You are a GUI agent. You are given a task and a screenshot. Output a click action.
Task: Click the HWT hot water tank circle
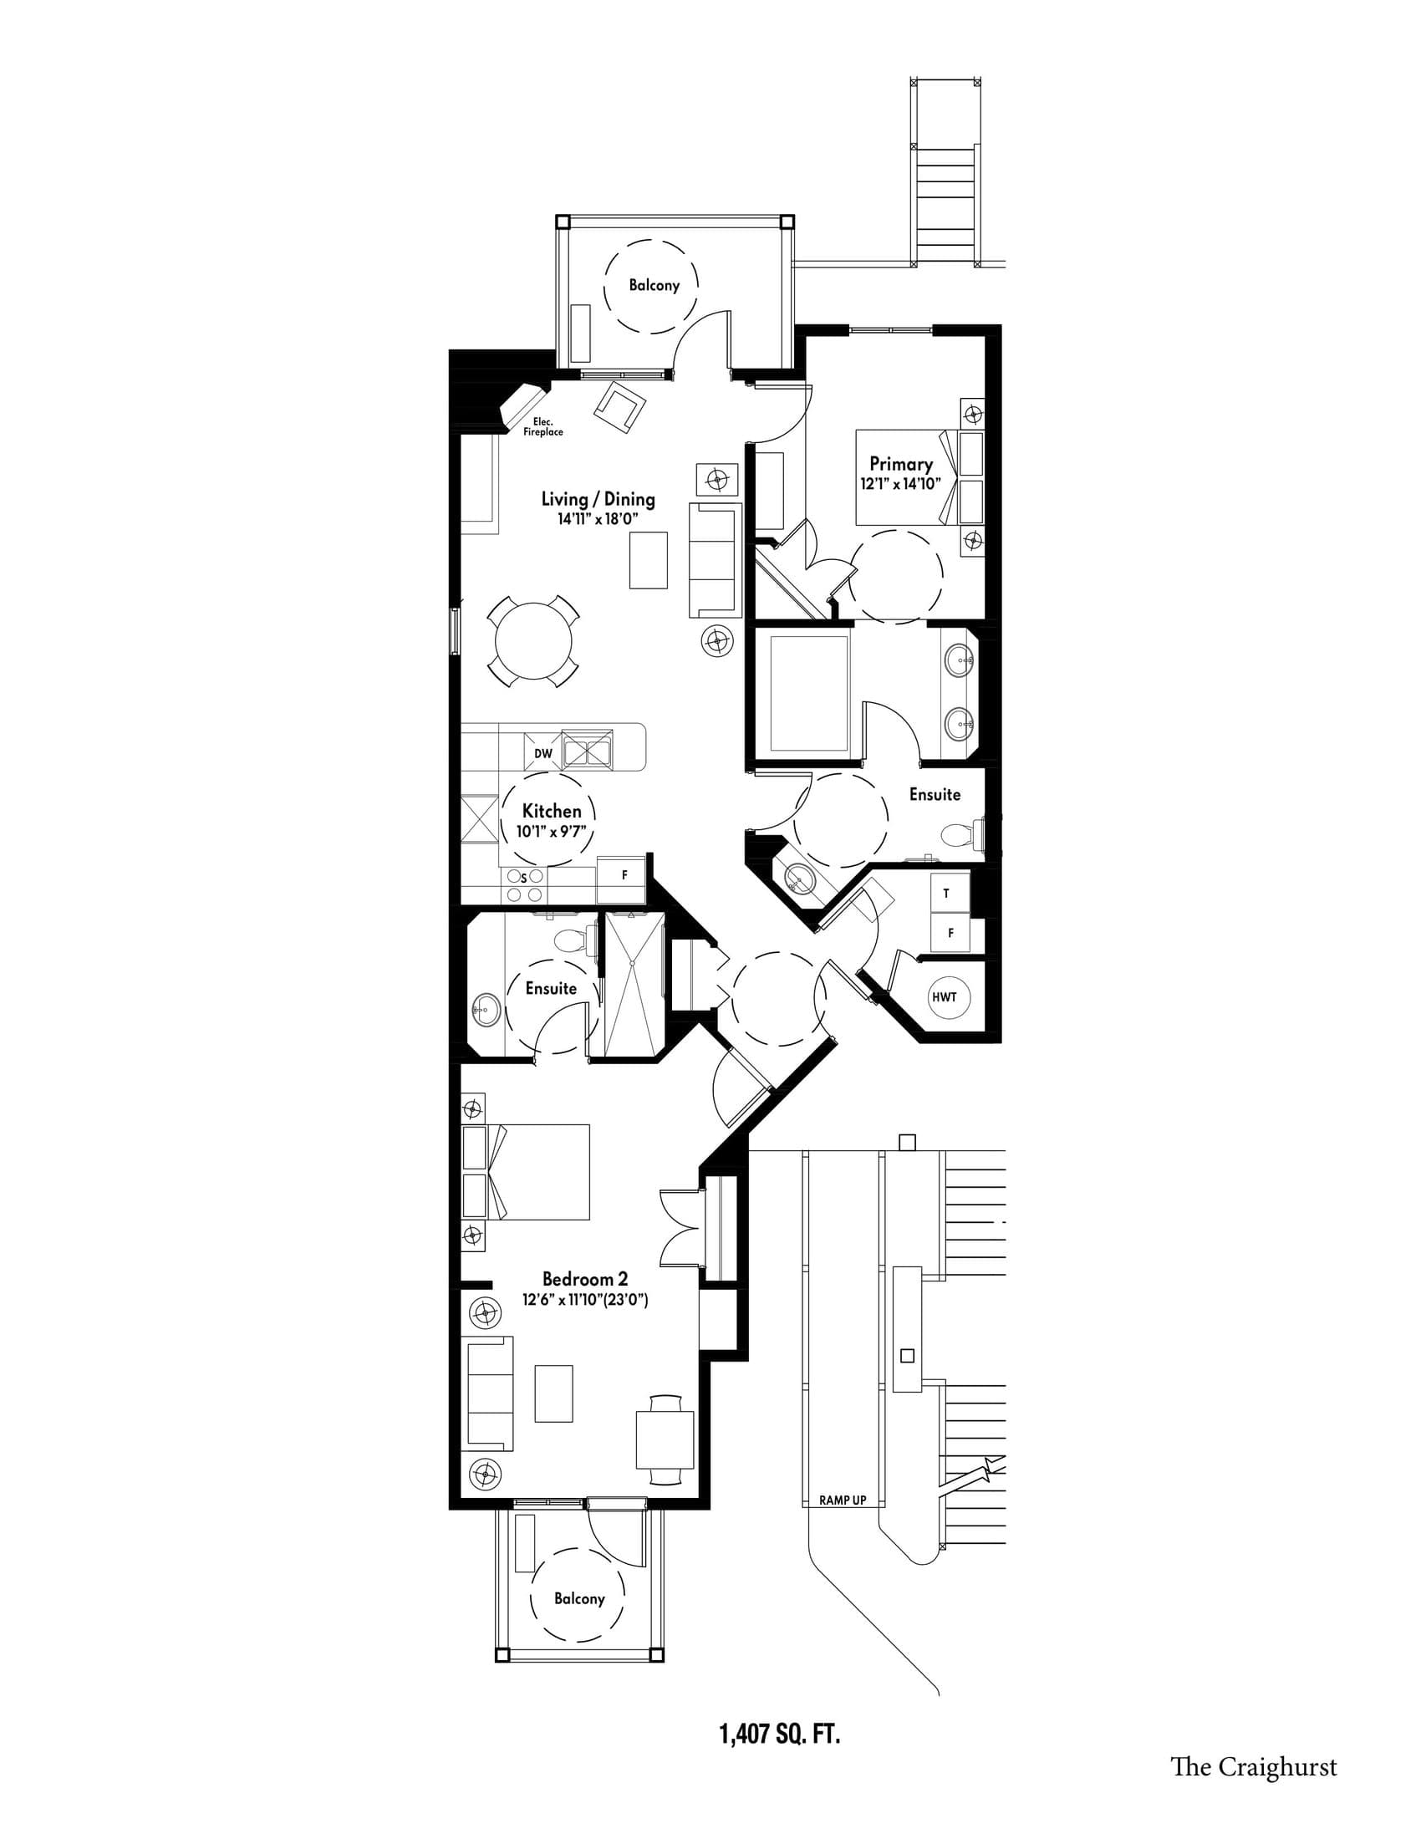click(x=945, y=997)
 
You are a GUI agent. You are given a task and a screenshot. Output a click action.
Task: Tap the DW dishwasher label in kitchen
click(x=543, y=753)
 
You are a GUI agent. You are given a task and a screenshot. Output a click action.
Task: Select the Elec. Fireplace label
click(x=542, y=427)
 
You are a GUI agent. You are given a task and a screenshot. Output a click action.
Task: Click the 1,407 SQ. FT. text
click(x=780, y=1735)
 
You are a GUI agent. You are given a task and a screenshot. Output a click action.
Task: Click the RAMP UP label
click(x=842, y=1500)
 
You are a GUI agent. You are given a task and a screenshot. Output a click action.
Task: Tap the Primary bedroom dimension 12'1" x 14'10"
click(x=900, y=484)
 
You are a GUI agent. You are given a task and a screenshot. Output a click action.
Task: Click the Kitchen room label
click(x=552, y=811)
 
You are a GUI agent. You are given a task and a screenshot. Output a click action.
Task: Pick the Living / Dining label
click(x=598, y=498)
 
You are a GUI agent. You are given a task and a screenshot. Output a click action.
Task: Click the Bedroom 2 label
click(x=584, y=1279)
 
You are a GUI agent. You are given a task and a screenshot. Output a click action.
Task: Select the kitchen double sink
click(x=588, y=749)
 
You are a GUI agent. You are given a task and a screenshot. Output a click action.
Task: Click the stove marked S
click(x=522, y=886)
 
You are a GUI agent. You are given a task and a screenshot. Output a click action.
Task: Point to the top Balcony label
click(x=654, y=285)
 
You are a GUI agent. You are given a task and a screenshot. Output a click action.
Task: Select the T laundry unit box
click(x=946, y=894)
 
